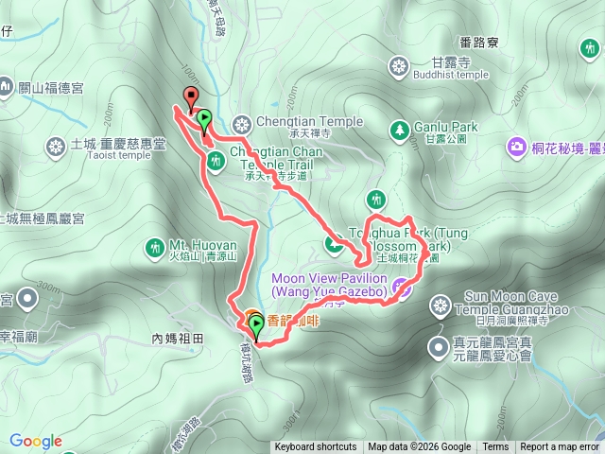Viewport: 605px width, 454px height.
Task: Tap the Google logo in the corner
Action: pos(35,441)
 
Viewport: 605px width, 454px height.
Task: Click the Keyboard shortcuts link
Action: pos(316,447)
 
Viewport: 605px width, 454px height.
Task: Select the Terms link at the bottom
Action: pos(495,447)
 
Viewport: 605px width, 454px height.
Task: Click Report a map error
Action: pos(561,447)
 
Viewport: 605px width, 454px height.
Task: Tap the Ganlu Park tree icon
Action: pos(399,128)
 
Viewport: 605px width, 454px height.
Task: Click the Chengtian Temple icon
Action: pos(243,123)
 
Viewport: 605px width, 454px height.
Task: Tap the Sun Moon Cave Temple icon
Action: pos(440,305)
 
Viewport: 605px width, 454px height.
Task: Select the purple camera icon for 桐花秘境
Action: pos(517,147)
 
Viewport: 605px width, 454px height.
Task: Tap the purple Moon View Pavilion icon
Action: pos(403,288)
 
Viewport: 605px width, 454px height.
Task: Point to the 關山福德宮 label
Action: pos(50,88)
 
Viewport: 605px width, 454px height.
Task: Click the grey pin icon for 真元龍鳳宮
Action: pos(439,348)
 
